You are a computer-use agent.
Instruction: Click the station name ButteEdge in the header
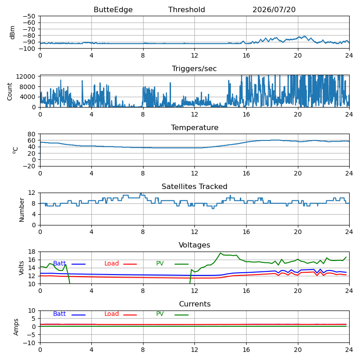113,9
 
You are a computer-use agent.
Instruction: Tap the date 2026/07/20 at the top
274,9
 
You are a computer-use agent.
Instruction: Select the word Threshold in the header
186,9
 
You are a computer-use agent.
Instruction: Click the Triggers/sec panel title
194,69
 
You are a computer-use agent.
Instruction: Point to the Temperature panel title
194,127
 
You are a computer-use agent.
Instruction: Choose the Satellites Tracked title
194,186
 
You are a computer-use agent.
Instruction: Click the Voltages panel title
194,245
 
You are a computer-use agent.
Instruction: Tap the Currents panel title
195,304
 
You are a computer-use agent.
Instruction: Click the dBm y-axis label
12,32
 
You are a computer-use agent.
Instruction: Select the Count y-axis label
9,92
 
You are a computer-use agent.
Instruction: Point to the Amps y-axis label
16,327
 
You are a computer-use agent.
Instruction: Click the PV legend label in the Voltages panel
160,263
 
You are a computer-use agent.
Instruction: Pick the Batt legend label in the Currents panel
59,314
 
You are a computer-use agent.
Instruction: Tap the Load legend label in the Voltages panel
111,263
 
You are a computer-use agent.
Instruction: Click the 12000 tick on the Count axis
26,76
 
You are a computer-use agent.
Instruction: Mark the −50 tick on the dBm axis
29,16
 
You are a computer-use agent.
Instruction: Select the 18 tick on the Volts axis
31,252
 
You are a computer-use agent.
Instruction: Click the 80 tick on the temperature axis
31,134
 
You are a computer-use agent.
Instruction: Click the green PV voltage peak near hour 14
220,253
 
